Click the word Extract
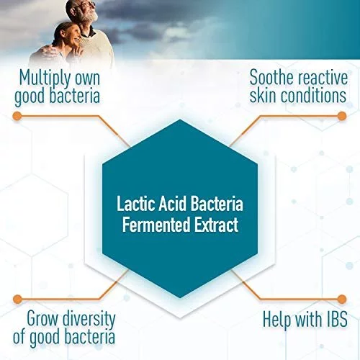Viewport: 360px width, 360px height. (x=216, y=224)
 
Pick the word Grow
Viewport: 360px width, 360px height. (x=42, y=318)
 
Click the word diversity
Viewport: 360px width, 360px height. (x=89, y=319)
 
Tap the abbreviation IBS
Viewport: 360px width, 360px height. (x=337, y=319)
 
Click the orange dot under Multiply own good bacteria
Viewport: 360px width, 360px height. (x=17, y=116)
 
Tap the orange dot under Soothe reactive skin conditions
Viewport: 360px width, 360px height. (x=342, y=116)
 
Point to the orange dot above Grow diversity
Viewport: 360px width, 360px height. (x=17, y=299)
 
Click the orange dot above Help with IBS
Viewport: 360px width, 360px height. (x=342, y=299)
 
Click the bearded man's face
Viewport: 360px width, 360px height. (x=87, y=10)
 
